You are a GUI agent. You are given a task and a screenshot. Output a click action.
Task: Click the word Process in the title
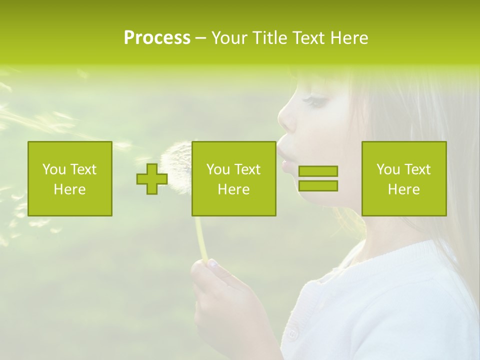coord(157,38)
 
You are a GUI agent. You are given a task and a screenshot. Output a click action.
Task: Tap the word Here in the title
coord(349,38)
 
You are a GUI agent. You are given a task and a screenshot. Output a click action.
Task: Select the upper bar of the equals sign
coord(318,171)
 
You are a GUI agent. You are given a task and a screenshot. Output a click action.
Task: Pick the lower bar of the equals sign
coord(318,185)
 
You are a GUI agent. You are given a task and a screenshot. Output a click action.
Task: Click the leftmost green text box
coord(70,179)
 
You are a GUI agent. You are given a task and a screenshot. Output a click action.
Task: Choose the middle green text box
coord(233,179)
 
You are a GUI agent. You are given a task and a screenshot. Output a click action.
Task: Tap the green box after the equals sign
coord(404,179)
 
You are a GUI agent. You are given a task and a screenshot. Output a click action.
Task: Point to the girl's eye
coord(315,101)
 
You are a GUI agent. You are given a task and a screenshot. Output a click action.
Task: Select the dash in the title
coord(200,38)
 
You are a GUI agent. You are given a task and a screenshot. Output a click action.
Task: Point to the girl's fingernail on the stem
coord(213,263)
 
